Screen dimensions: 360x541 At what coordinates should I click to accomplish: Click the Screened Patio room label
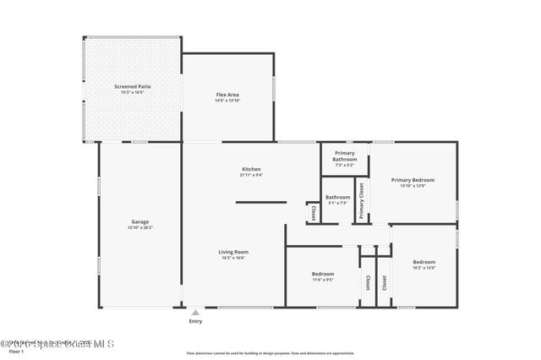[132, 86]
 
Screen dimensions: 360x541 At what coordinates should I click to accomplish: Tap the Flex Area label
[227, 95]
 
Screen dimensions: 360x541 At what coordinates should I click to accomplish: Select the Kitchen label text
[251, 169]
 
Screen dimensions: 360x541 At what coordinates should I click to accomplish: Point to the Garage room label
[139, 221]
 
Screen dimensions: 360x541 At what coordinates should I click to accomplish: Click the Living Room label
[233, 252]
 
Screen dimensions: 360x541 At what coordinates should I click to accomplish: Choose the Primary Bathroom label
[345, 156]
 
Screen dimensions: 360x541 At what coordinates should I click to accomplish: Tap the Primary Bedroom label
[413, 180]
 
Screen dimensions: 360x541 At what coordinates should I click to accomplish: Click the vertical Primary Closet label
[361, 201]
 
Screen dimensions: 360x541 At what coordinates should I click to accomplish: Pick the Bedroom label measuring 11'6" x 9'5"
[323, 274]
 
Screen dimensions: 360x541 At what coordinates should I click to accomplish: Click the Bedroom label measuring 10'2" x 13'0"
[424, 262]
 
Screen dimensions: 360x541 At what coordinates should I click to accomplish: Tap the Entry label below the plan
[195, 321]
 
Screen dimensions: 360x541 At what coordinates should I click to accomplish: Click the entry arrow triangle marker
[195, 312]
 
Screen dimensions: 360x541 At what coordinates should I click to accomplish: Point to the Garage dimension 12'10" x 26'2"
[139, 227]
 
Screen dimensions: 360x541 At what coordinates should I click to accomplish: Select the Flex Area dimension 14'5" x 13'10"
[227, 101]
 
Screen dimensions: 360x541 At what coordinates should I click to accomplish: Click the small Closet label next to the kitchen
[313, 213]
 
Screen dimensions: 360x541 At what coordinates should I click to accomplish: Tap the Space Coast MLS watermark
[57, 344]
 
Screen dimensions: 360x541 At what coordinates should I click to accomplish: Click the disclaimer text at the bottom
[270, 353]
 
